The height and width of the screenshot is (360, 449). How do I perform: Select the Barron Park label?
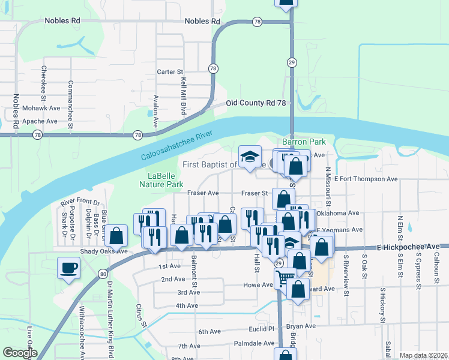(x=308, y=142)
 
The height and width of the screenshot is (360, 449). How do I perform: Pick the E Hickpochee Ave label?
(x=414, y=247)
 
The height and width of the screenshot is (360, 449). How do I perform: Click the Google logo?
(x=20, y=353)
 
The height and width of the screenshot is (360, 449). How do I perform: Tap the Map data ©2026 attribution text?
(x=423, y=355)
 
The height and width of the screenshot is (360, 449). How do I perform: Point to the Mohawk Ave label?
(x=41, y=109)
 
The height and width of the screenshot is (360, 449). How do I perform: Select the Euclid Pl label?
(x=261, y=329)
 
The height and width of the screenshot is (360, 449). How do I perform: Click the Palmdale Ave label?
(x=254, y=343)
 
